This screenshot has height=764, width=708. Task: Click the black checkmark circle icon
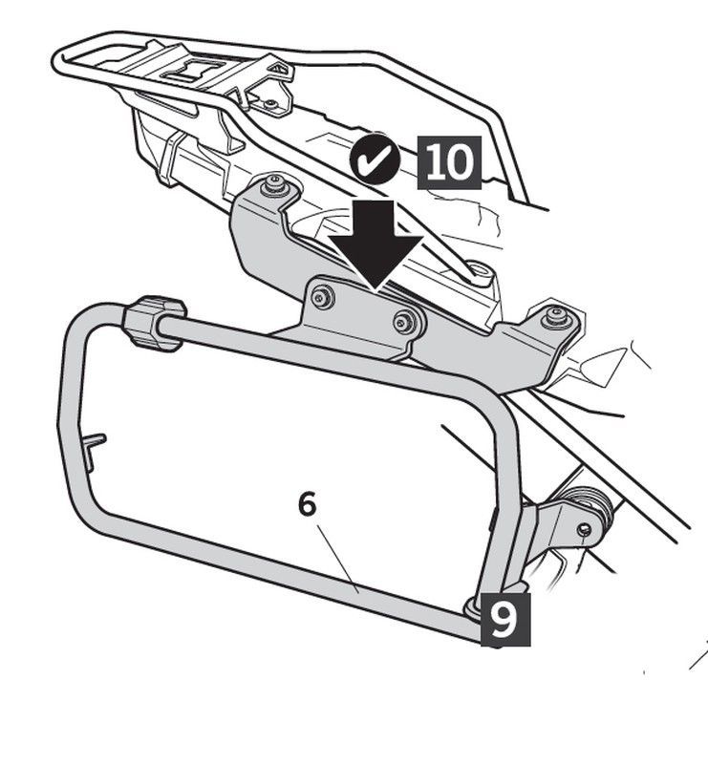point(375,159)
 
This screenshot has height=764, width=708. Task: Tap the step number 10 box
point(449,162)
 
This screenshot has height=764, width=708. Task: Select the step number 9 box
point(505,619)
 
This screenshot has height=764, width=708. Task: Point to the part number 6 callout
point(308,505)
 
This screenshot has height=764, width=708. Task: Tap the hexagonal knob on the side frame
point(154,323)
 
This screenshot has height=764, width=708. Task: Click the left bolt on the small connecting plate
point(323,297)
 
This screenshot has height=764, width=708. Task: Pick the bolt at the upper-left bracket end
point(273,185)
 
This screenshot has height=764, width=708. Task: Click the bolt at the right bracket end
point(556,316)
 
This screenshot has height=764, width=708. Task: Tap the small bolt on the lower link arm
point(584,529)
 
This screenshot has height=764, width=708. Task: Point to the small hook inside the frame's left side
point(95,450)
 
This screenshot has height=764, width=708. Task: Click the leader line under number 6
point(338,559)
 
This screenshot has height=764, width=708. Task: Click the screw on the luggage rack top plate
point(271,104)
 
